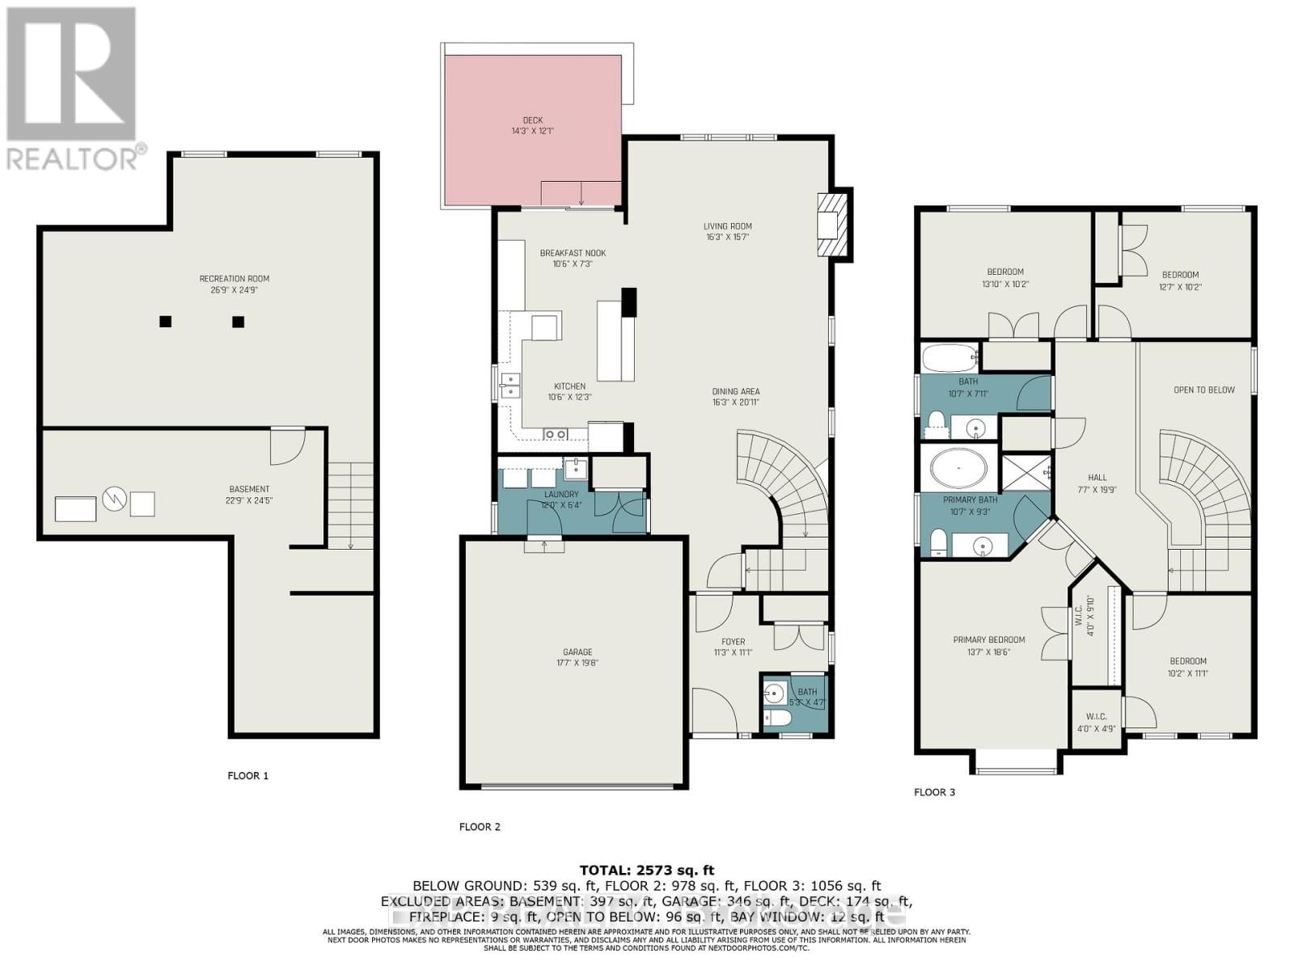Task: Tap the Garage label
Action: [577, 657]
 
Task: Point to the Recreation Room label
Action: [235, 284]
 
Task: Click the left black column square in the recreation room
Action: [165, 321]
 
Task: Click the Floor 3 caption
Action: [934, 791]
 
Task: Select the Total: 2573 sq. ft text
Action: [646, 870]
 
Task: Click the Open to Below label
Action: [1203, 390]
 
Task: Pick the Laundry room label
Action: [560, 500]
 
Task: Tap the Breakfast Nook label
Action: [573, 258]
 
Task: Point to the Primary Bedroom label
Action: [988, 645]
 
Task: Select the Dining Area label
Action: [735, 396]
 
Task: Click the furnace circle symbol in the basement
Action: [115, 501]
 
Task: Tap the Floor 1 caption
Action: [247, 775]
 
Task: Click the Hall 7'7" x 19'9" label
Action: [1097, 483]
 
